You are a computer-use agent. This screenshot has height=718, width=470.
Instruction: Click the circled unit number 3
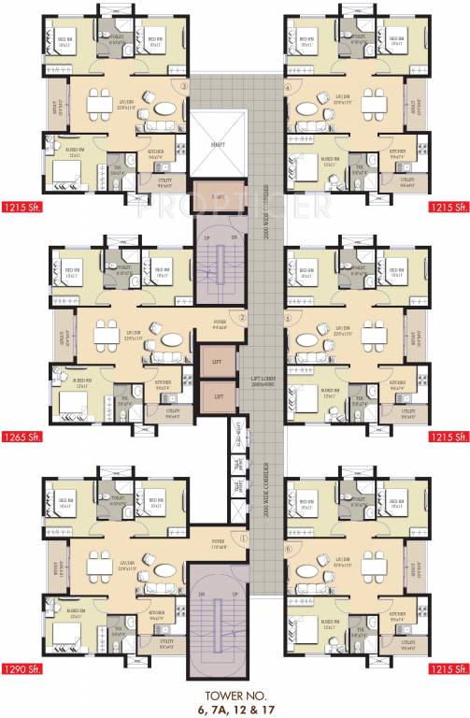[x=185, y=87]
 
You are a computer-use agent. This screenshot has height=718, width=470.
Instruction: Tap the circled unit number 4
[x=288, y=87]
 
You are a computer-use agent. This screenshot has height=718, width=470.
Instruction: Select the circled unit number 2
[x=241, y=317]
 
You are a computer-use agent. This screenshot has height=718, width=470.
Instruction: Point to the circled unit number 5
[x=288, y=317]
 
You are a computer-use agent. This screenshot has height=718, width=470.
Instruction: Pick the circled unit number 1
[x=241, y=538]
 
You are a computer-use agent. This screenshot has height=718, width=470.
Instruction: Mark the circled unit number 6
[x=288, y=548]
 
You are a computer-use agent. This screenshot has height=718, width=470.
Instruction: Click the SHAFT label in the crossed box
[x=218, y=145]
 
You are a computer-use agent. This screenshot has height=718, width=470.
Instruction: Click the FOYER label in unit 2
[x=221, y=325]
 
